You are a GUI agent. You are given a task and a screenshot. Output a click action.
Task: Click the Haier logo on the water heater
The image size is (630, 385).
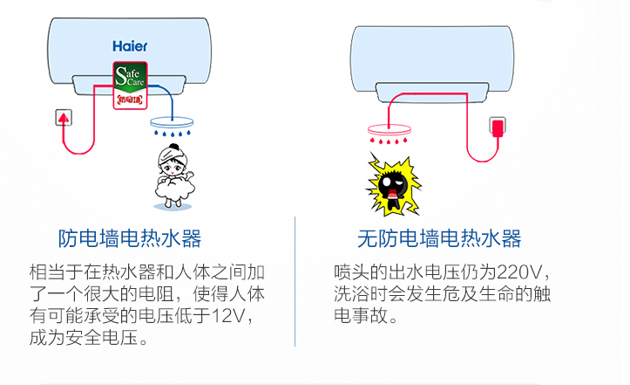click(130, 45)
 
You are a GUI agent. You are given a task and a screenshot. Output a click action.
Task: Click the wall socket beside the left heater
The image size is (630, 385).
click(63, 117)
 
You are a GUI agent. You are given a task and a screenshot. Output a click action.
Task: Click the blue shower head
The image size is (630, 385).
click(173, 124)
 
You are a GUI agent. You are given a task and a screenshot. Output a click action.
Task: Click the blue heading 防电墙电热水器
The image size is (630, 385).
click(130, 238)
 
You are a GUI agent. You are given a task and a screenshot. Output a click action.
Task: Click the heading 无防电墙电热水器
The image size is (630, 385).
click(439, 238)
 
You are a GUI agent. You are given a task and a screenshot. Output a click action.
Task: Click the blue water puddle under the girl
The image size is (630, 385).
click(173, 206)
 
